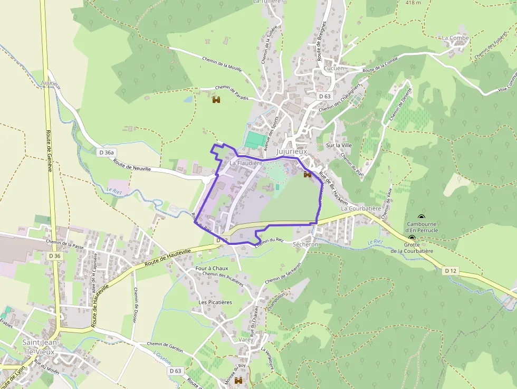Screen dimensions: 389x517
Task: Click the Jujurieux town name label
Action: [292, 151]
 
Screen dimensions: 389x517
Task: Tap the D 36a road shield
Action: [107, 152]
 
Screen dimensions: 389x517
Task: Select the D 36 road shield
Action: [55, 256]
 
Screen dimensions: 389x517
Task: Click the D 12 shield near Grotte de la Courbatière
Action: [450, 271]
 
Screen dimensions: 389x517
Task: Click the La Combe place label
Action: [455, 38]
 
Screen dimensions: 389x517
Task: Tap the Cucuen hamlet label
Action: [333, 69]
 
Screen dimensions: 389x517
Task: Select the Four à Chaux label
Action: [212, 268]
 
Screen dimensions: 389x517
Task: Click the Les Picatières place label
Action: [215, 302]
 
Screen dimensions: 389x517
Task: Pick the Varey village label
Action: [246, 340]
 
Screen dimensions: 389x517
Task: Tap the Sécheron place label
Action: [305, 244]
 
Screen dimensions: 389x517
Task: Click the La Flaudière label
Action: [246, 164]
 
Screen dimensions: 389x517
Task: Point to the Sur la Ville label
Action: [339, 145]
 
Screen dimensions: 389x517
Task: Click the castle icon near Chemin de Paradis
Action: [216, 99]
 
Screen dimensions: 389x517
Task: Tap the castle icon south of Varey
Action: [238, 381]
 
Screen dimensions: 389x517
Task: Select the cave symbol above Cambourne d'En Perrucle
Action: [421, 217]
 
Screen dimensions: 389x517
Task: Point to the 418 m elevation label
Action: [413, 3]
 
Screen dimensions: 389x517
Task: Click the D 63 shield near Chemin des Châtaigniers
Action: [324, 97]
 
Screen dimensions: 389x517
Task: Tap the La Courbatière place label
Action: [361, 208]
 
